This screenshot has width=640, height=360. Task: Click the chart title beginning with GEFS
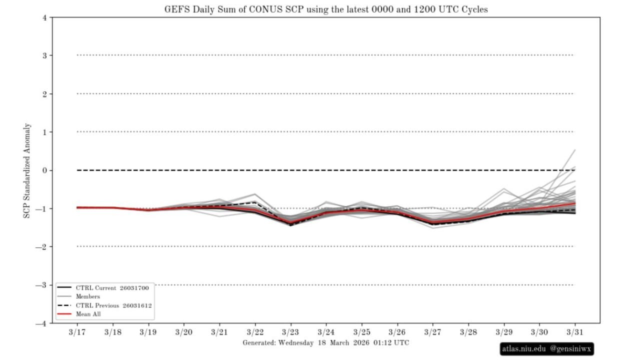click(x=326, y=9)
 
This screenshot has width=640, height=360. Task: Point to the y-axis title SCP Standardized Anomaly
click(x=27, y=170)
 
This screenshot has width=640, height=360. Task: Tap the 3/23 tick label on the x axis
click(x=290, y=332)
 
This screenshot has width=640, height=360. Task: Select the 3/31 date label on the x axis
click(x=574, y=332)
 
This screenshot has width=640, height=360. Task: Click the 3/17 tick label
click(x=77, y=332)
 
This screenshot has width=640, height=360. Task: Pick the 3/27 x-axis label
click(x=432, y=332)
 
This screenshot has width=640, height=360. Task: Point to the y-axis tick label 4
click(x=44, y=17)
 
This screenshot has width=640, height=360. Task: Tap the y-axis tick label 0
click(x=44, y=170)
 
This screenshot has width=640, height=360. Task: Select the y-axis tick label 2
click(x=44, y=94)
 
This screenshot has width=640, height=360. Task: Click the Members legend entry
click(x=88, y=296)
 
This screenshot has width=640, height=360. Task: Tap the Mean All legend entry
click(x=88, y=314)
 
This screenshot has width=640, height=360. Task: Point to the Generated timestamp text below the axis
click(x=325, y=343)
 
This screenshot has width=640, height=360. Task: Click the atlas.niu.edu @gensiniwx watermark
click(x=547, y=349)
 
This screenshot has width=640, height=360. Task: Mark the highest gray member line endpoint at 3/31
click(x=575, y=149)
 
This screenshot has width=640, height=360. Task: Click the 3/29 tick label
click(x=503, y=332)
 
